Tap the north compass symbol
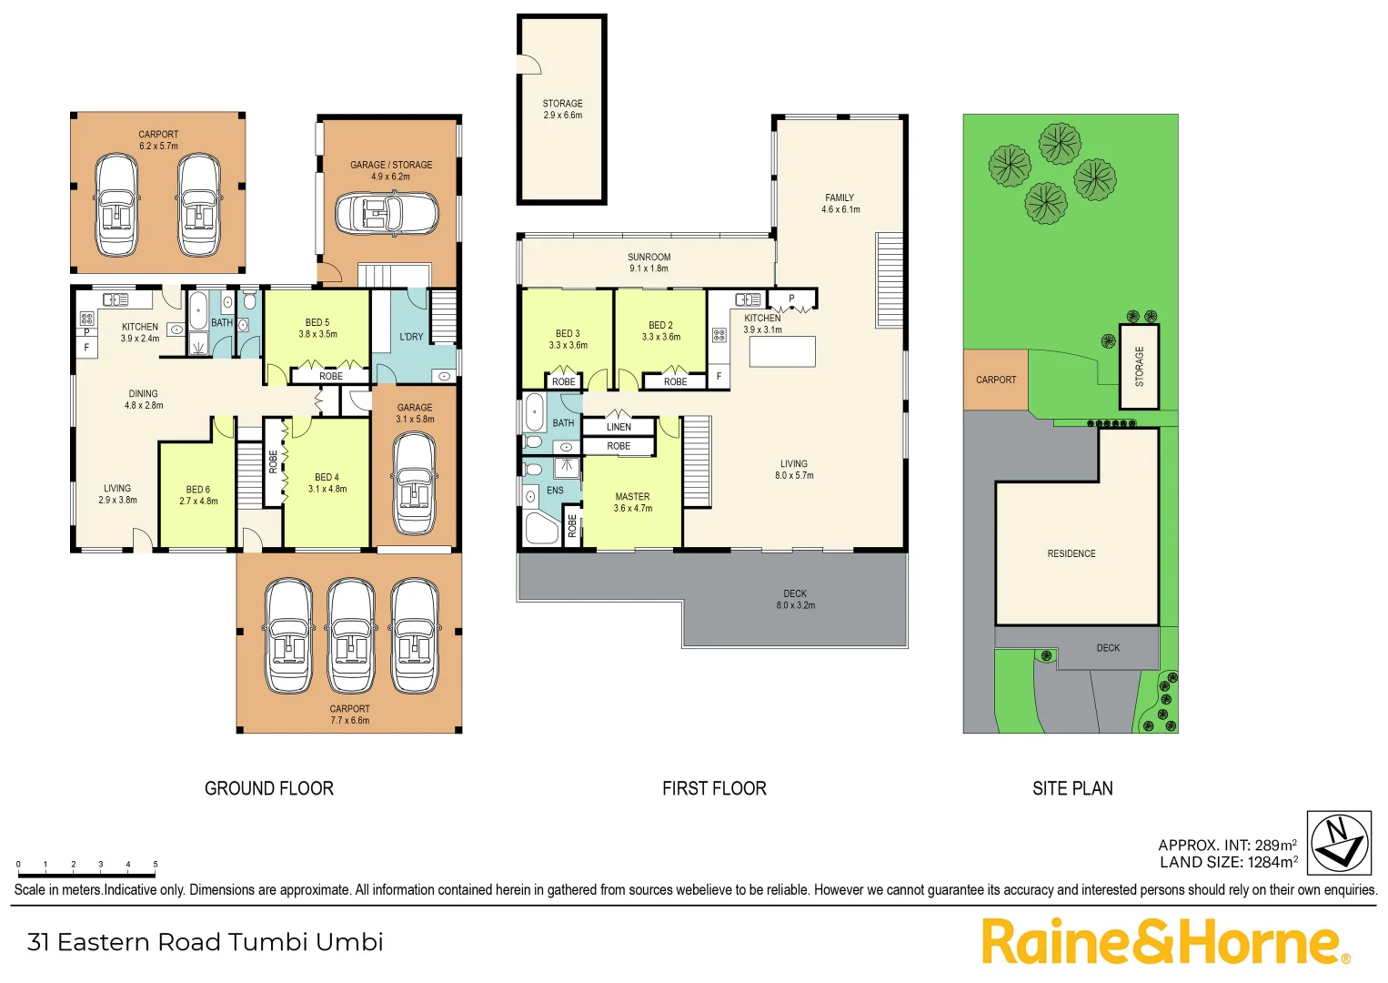coord(1339,843)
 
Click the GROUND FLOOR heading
coord(269,788)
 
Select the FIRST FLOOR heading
coord(714,788)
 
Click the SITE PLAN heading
coord(1072,788)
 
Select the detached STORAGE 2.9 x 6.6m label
coord(562,109)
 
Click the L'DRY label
coord(411,337)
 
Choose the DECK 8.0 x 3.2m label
coord(795,599)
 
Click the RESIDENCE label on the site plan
coord(1071,553)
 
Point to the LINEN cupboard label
coord(619,427)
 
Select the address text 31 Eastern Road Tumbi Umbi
coord(206,942)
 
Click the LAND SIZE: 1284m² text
coord(1228,862)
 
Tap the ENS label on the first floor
coord(555,491)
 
